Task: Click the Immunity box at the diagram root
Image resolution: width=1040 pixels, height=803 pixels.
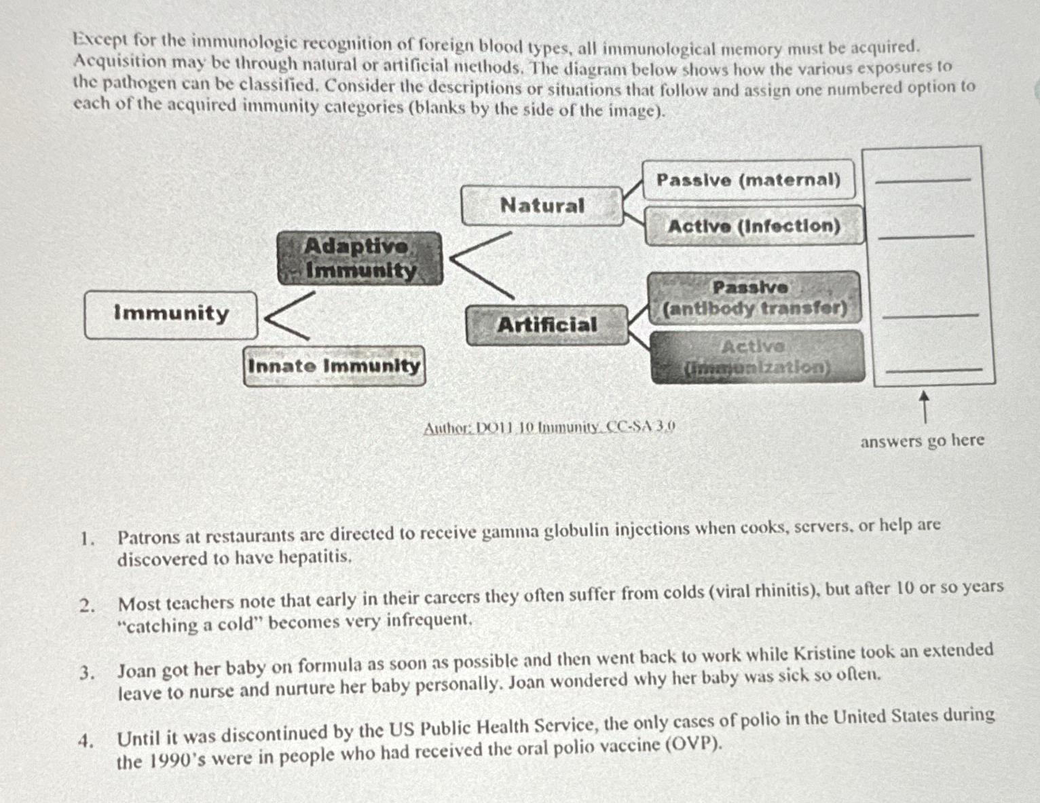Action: pos(171,314)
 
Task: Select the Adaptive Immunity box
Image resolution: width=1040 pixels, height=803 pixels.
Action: pos(360,258)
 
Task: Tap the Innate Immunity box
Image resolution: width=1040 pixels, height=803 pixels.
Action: pos(334,366)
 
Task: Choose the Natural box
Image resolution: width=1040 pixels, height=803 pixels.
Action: pos(542,206)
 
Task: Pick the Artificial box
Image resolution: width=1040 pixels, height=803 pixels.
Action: pos(547,325)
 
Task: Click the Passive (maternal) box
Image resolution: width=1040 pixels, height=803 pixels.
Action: pos(748,180)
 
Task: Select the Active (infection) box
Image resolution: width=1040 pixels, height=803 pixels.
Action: pos(754,226)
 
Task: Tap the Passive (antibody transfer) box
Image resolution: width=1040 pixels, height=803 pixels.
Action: pos(754,298)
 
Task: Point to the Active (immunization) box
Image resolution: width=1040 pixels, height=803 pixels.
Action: pos(757,357)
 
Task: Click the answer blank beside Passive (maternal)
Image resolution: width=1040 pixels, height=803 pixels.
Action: pos(923,179)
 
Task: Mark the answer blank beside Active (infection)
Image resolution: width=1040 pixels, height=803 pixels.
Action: pos(926,236)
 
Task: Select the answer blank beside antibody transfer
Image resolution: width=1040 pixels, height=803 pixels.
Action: pos(930,314)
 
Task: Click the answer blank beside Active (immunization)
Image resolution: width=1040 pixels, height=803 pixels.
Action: pos(934,369)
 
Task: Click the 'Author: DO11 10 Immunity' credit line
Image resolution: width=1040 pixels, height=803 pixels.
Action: pos(549,428)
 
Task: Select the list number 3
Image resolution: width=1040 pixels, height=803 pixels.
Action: pos(86,673)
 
